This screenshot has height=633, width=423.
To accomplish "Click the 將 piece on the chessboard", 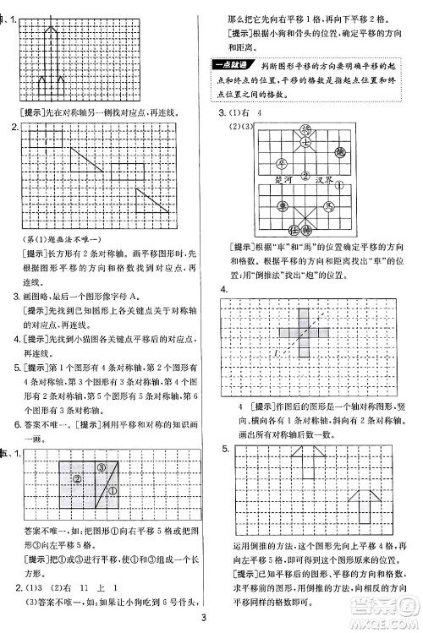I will tap(305, 128).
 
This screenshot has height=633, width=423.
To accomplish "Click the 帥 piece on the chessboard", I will tap(305, 228).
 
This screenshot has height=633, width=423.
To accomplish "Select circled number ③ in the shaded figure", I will tap(101, 467).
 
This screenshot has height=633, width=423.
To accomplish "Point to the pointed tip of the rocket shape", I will tap(53, 26).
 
